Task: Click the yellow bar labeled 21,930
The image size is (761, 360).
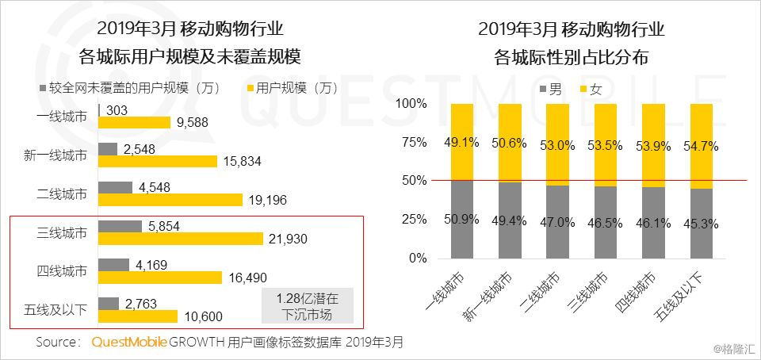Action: point(181,239)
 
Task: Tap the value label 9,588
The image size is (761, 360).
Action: point(191,123)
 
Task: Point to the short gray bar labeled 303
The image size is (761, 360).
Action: point(100,110)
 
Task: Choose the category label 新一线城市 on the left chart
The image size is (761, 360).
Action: point(55,155)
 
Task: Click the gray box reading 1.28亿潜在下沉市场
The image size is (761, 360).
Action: point(308,305)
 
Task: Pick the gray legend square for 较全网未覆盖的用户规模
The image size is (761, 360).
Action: point(42,88)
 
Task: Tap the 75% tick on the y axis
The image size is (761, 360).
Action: point(414,143)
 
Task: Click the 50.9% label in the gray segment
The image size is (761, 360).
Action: point(461,220)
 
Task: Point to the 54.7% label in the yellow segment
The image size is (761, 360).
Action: point(700,146)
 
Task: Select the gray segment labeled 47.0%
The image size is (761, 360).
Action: point(557,222)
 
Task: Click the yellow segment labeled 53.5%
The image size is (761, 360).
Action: point(605,145)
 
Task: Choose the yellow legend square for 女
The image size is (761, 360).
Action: point(581,88)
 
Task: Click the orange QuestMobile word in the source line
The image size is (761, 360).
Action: point(129,342)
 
